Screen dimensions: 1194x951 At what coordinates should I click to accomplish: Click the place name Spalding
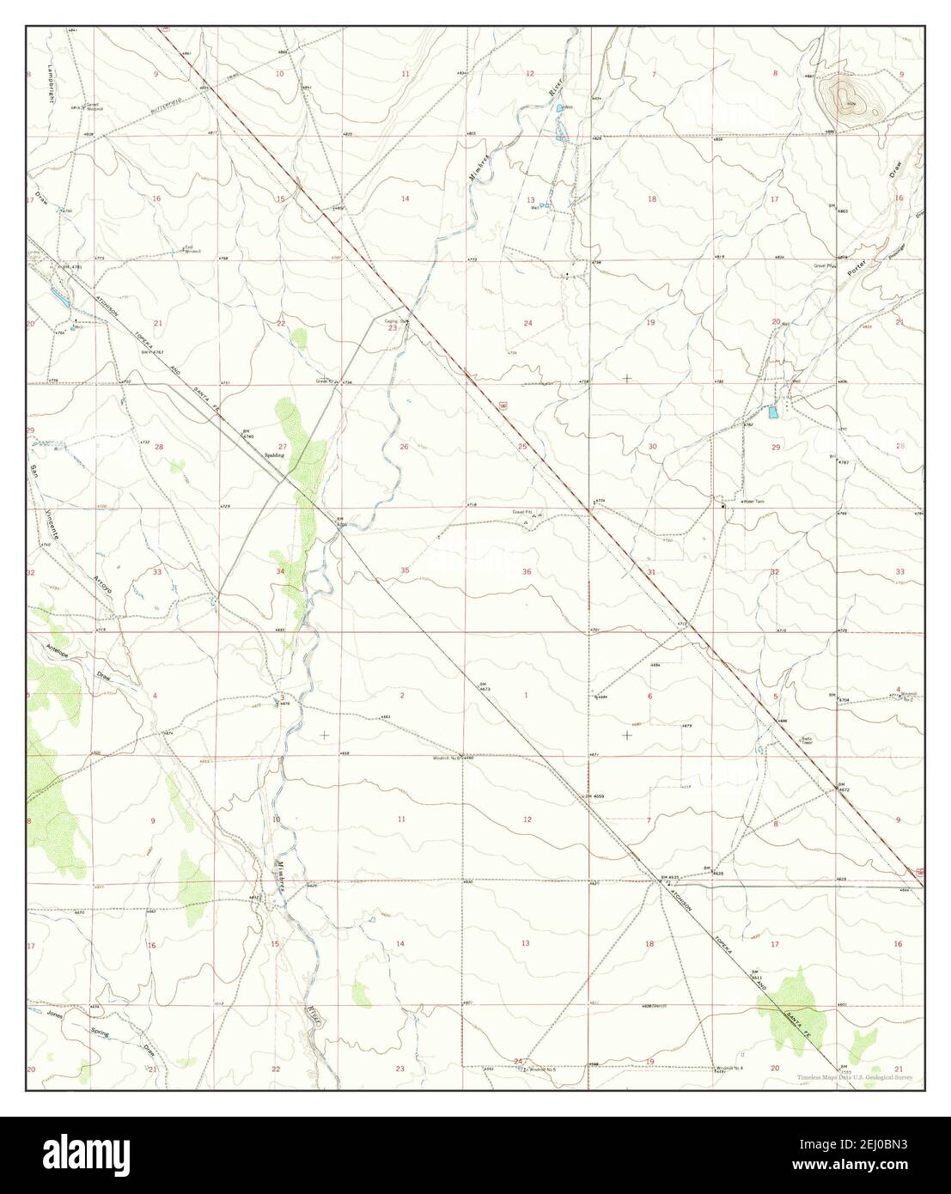[x=274, y=455]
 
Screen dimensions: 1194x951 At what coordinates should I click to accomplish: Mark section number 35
[x=405, y=570]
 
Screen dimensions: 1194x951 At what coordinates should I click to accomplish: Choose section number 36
[x=527, y=571]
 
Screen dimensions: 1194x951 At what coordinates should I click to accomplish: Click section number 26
[x=404, y=447]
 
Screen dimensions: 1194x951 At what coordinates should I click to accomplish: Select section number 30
[x=652, y=447]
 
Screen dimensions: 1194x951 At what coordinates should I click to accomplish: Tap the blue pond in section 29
[x=774, y=413]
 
